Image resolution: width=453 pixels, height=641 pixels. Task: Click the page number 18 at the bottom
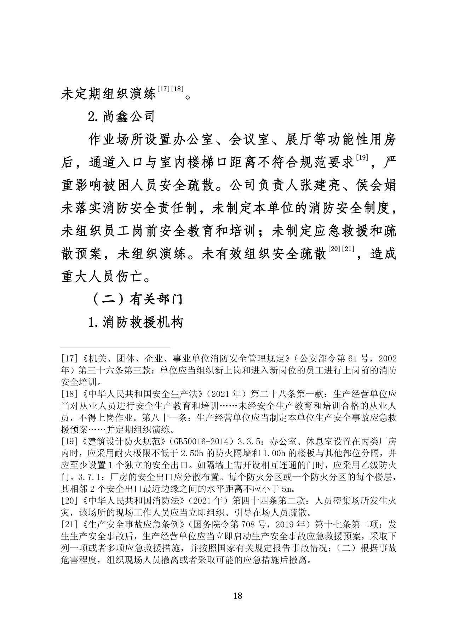click(238, 596)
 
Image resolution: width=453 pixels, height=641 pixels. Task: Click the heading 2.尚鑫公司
click(121, 116)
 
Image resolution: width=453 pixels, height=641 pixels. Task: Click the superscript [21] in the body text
click(348, 249)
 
